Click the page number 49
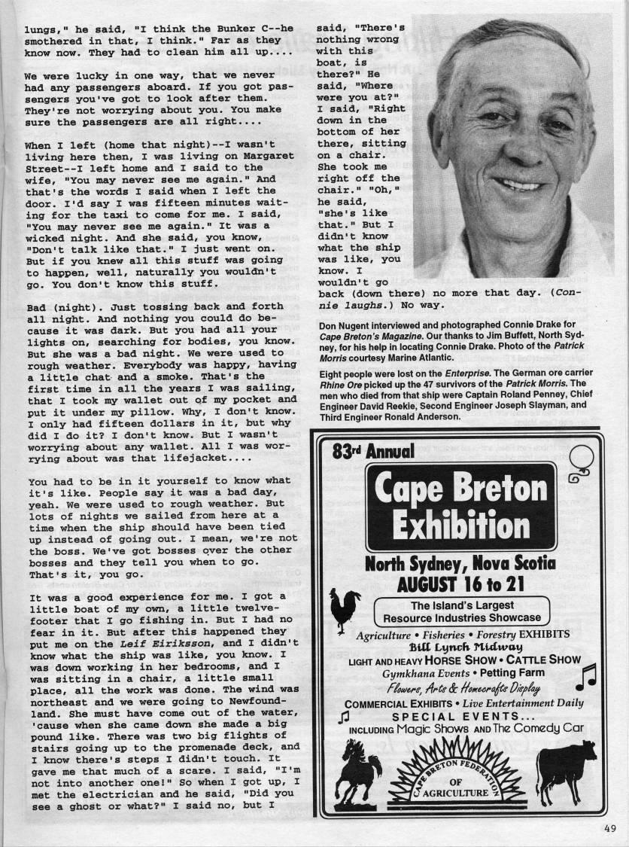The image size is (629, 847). point(609,831)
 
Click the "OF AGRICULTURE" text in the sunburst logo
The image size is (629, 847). point(461,787)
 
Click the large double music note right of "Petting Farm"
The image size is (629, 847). point(585,675)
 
